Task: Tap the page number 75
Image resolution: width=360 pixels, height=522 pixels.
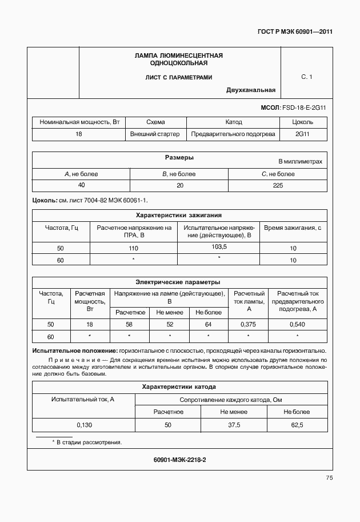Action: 329,478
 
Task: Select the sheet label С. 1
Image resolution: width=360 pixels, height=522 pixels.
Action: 307,76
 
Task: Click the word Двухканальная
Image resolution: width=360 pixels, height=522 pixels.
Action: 251,90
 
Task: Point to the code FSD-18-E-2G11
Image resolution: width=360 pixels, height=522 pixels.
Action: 305,107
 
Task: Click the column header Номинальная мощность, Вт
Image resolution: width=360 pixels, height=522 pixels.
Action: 79,122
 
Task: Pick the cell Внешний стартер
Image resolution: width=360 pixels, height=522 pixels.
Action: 155,134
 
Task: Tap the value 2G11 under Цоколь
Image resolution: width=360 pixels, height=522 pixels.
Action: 302,134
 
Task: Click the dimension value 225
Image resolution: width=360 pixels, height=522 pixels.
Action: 278,185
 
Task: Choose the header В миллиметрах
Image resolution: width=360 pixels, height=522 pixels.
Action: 300,162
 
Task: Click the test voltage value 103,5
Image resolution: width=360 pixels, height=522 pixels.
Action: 219,246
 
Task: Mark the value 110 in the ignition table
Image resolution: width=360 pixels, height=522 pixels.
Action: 134,248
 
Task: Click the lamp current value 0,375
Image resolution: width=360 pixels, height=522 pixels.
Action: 249,324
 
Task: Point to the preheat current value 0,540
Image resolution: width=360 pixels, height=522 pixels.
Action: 298,324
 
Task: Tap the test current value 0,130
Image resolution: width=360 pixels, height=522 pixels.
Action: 84,425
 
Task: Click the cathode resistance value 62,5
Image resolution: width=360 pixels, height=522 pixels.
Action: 297,425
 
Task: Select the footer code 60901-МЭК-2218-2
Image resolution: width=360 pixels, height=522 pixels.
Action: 179,459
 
